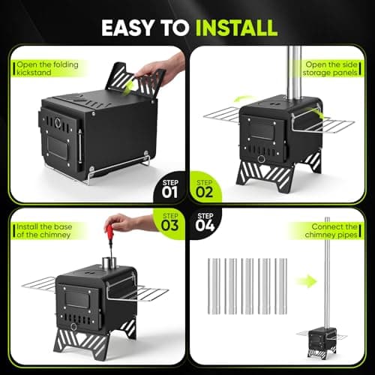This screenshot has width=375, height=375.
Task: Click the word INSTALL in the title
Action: point(236,28)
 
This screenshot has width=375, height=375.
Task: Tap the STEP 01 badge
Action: point(169,189)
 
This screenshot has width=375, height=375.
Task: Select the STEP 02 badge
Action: point(205,189)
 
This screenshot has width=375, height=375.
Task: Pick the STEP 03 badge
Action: point(170,222)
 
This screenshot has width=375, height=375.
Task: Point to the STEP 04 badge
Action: point(205,222)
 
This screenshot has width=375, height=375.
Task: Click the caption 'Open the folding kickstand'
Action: point(47,68)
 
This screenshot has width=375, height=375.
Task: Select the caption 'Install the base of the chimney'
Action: point(44,231)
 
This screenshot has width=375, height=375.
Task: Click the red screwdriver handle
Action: point(109,232)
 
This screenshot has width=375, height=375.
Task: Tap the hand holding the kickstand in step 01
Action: point(160,69)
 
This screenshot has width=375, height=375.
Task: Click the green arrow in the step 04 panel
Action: point(307,281)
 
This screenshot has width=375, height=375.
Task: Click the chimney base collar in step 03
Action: point(109,263)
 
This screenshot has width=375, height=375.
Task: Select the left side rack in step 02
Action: point(222,115)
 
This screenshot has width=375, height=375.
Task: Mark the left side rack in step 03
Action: point(39,284)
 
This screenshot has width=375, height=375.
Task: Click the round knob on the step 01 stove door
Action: point(58,123)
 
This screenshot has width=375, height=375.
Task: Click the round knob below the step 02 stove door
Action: point(262,158)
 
